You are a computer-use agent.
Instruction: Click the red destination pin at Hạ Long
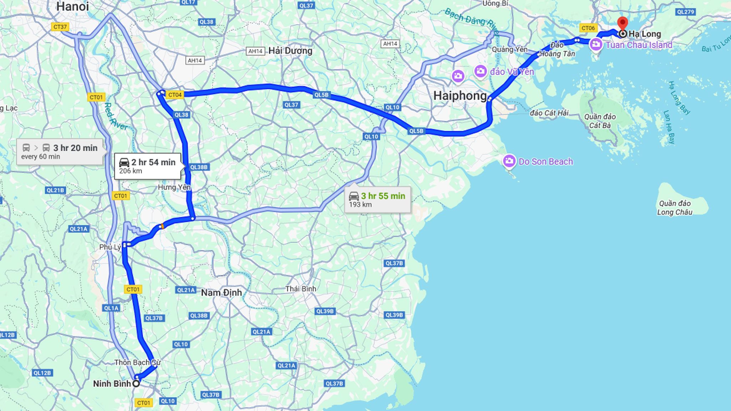(x=622, y=23)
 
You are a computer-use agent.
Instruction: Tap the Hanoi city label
(x=72, y=6)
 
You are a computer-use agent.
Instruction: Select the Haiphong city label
(x=460, y=96)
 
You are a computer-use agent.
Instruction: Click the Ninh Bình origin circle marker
(x=136, y=384)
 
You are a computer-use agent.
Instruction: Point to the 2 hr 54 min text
(x=153, y=162)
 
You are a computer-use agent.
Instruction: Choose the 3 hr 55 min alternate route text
(x=383, y=196)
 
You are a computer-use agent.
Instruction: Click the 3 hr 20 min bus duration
(x=75, y=148)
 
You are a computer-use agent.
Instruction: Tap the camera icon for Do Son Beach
(x=509, y=161)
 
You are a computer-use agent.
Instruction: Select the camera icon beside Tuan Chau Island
(x=596, y=45)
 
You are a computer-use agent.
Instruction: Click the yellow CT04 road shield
(x=175, y=95)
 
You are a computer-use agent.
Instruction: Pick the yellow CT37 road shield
(x=60, y=27)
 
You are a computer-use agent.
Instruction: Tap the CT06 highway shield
(x=588, y=28)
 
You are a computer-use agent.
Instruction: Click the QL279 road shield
(x=685, y=12)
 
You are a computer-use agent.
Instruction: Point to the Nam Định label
(x=221, y=293)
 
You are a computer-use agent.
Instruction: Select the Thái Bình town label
(x=301, y=289)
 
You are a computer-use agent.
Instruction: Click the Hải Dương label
(x=290, y=51)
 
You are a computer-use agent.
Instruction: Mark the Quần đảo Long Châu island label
(x=675, y=208)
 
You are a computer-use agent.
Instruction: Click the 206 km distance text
(x=131, y=171)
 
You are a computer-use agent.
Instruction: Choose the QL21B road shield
(x=55, y=190)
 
